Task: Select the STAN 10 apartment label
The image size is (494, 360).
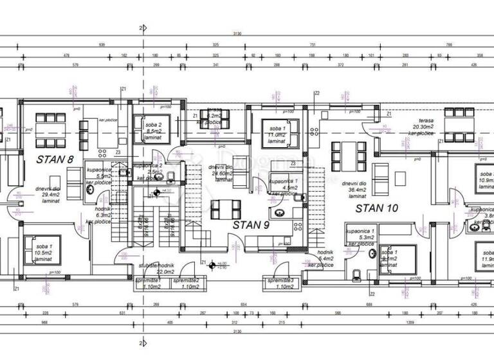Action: [378, 208]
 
